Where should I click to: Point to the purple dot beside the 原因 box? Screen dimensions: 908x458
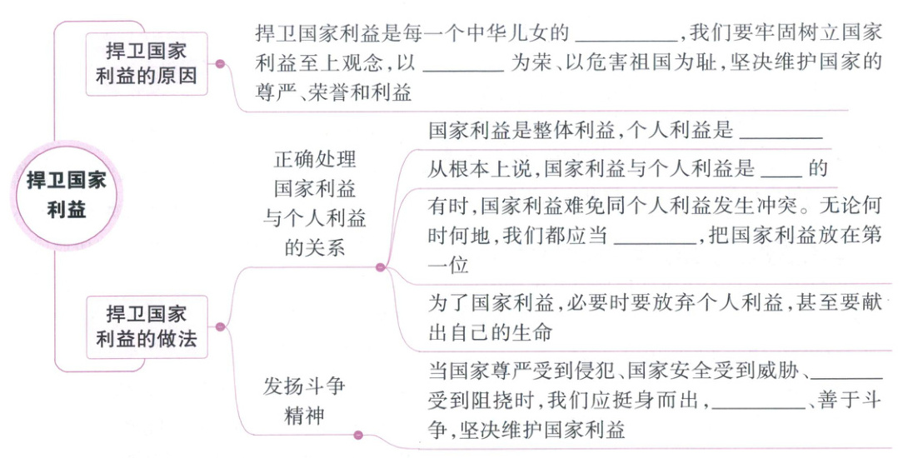(220, 63)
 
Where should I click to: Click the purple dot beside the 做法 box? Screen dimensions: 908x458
(220, 326)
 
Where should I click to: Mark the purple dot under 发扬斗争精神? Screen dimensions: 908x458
(359, 434)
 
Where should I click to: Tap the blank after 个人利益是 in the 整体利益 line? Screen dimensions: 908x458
(781, 133)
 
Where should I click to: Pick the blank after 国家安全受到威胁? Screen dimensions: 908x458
(846, 368)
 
